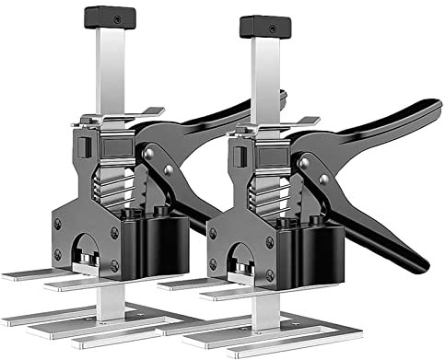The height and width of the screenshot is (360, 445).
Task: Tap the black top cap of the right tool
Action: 264,27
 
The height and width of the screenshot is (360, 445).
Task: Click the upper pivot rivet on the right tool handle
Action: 304,163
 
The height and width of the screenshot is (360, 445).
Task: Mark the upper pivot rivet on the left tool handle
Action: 149,154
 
